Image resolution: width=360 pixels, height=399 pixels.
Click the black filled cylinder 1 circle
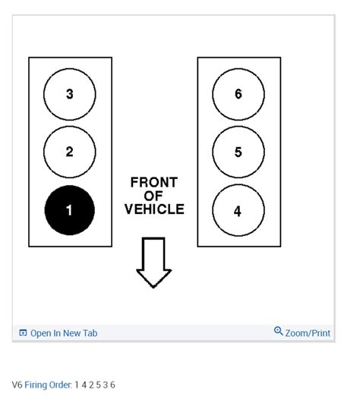[70, 210]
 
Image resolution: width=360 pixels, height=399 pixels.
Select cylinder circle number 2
[70, 152]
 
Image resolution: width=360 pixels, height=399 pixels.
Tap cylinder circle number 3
[70, 94]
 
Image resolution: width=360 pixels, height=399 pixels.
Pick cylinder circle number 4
[238, 211]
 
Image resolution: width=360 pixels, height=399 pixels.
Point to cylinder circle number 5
[238, 152]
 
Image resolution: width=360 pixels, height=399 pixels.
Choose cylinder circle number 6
[238, 94]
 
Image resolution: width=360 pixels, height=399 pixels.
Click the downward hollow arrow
[153, 262]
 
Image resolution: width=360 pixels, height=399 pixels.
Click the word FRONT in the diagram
[153, 183]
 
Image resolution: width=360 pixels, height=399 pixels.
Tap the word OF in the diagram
[153, 196]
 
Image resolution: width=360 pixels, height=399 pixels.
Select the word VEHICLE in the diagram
[153, 209]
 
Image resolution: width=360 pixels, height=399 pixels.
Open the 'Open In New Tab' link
[64, 333]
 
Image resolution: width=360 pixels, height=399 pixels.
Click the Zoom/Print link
[308, 333]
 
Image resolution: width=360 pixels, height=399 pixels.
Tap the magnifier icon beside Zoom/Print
[279, 332]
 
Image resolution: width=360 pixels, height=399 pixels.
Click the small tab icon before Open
[23, 333]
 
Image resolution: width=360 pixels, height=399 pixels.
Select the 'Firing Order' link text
[48, 385]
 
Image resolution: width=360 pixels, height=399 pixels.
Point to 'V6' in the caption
[17, 385]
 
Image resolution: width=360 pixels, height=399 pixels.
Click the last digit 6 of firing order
[113, 385]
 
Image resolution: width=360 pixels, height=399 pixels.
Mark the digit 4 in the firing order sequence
[84, 385]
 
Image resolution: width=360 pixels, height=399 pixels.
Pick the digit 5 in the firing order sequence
[98, 385]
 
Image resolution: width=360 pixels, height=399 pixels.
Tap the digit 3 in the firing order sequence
[106, 385]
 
